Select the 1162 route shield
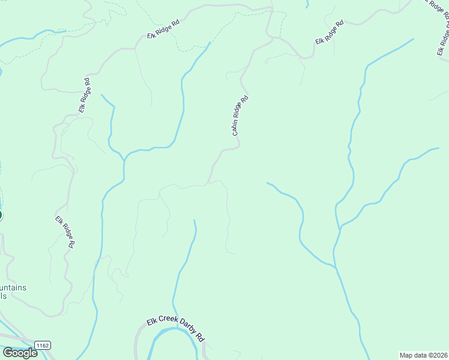[x=42, y=346]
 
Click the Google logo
[x=20, y=352]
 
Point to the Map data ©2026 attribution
[x=423, y=355]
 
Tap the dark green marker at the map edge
[x=1, y=215]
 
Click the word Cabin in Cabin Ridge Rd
[x=236, y=128]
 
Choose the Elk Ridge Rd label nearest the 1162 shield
[x=65, y=232]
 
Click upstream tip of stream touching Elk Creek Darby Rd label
[x=194, y=221]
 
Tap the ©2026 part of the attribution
[x=436, y=355]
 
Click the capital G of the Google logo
[x=8, y=352]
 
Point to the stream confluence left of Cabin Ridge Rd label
[x=124, y=159]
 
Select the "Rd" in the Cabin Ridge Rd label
[x=244, y=100]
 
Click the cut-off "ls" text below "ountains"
[x=3, y=296]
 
